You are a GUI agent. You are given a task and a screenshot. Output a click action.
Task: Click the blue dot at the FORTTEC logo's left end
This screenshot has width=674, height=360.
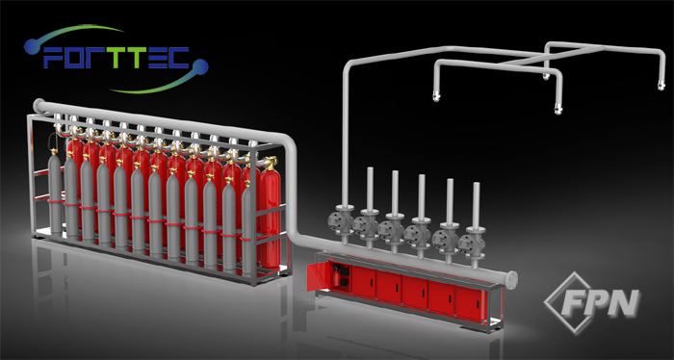pyautogui.click(x=32, y=46)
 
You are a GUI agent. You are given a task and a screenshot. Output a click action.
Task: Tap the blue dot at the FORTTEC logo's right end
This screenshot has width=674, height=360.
pyautogui.click(x=200, y=67)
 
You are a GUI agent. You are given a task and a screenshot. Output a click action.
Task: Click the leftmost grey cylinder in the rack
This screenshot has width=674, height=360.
pyautogui.click(x=55, y=193)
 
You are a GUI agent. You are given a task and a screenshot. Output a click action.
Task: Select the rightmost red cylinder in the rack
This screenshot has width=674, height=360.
pyautogui.click(x=270, y=213)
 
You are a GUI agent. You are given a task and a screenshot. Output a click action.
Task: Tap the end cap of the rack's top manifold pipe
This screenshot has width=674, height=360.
pyautogui.click(x=38, y=105)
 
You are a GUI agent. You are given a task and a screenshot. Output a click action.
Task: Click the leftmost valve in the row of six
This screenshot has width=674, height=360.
pyautogui.click(x=340, y=221)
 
